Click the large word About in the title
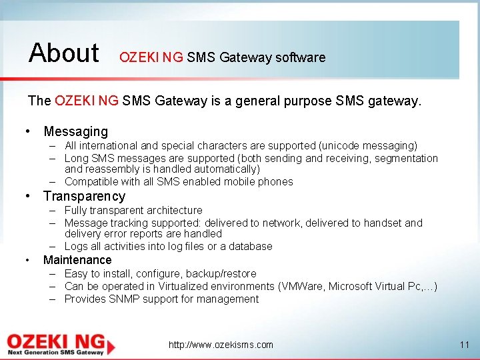coord(64,52)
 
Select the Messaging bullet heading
coord(75,132)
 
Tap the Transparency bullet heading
coord(84,196)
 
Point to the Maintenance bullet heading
coord(77,260)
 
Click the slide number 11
coord(465,345)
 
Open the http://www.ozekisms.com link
coord(221,345)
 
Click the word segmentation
coord(406,158)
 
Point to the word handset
coord(381,223)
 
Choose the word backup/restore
coord(221,273)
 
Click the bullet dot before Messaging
coord(27,132)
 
